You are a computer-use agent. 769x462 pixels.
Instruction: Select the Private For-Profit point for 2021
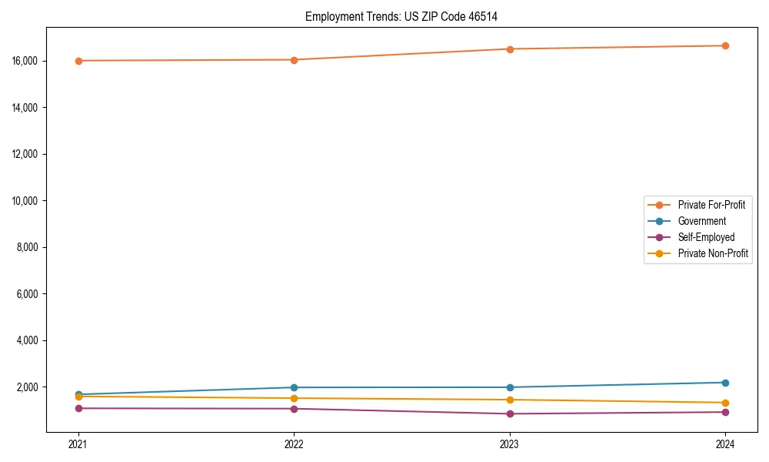coord(78,61)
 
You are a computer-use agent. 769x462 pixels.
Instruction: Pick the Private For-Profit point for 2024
coord(725,45)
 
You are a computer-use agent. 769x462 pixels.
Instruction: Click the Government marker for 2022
coord(294,387)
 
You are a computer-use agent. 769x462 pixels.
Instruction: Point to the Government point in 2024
coord(725,383)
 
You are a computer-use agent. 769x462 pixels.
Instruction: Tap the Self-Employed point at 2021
coord(78,408)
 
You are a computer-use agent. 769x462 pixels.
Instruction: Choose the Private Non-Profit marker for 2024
coord(725,403)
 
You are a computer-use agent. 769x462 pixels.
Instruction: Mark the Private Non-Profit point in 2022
coord(294,398)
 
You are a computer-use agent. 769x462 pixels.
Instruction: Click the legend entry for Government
coord(701,221)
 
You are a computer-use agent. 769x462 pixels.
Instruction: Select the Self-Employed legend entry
coord(706,237)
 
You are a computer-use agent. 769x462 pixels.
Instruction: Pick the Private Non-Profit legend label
coord(713,253)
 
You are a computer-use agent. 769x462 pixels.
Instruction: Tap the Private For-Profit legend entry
coord(711,205)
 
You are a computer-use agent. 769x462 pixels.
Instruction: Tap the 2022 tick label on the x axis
coord(294,444)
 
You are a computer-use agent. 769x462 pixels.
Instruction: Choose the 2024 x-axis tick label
coord(725,444)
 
